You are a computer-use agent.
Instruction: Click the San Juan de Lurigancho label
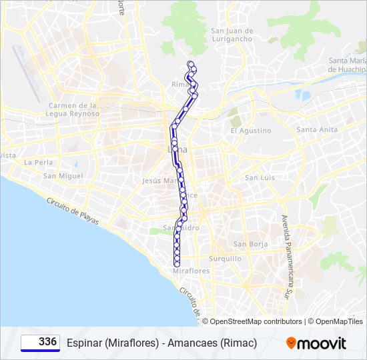coord(232,35)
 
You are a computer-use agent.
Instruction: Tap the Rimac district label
coord(181,85)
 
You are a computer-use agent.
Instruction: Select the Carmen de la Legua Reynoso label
coord(73,109)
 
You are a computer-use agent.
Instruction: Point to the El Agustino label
coord(251,131)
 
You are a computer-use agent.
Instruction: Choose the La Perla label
coord(37,162)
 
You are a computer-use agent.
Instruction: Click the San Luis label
coord(260,177)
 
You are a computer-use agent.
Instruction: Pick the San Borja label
coord(250,244)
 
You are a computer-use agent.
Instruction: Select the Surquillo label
coord(225,259)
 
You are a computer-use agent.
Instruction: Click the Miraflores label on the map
coord(191,271)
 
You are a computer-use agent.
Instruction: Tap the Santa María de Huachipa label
coord(347,65)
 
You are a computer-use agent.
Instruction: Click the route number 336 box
coord(40,343)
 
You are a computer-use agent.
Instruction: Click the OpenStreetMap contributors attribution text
coord(252,321)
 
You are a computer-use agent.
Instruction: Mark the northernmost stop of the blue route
coord(191,63)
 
